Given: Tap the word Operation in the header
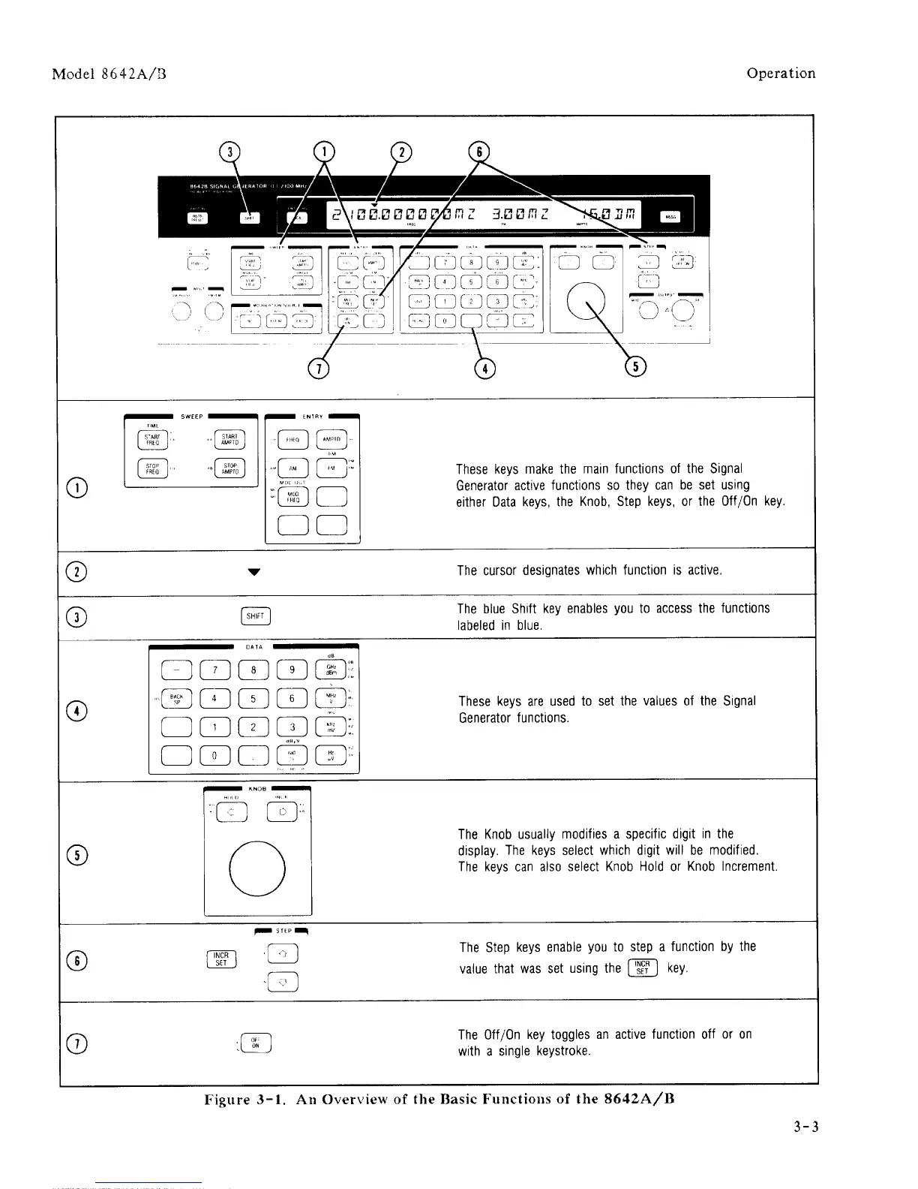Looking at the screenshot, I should [x=781, y=74].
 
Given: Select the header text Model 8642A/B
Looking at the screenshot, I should [x=109, y=74].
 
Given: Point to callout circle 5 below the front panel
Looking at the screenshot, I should [x=636, y=367].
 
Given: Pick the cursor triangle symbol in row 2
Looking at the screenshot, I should [x=254, y=572].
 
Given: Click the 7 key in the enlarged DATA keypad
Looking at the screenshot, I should [x=215, y=670].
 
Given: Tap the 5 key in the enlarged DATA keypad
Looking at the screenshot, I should [x=253, y=699].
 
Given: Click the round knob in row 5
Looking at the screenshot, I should [x=257, y=869].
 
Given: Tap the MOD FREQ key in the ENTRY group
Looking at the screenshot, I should [x=292, y=497].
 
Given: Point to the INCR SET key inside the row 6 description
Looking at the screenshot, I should [x=642, y=968].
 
